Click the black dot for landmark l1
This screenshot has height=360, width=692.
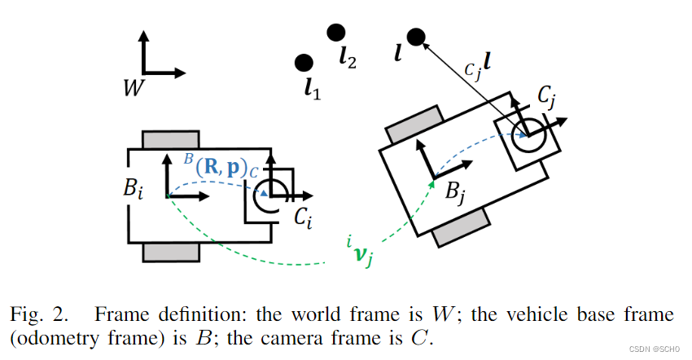(304, 63)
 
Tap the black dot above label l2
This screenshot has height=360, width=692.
(335, 32)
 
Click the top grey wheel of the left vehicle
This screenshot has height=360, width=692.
(170, 139)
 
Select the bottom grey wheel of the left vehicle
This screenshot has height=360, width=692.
(170, 252)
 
